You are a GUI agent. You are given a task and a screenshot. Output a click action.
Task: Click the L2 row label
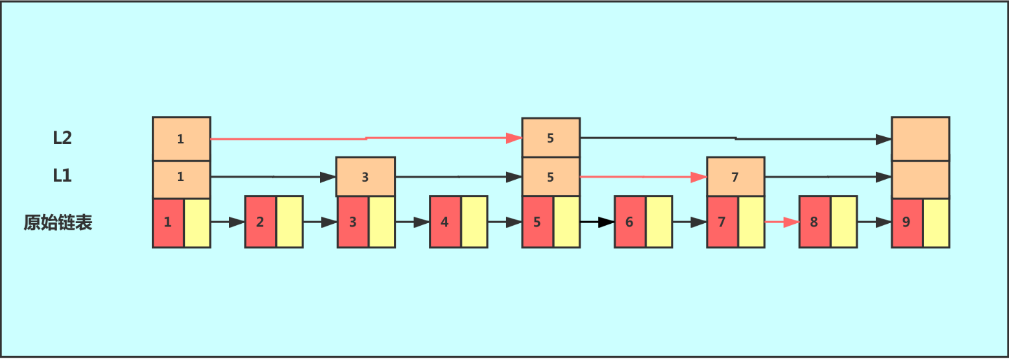pos(62,138)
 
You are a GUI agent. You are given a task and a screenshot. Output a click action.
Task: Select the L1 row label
pos(62,176)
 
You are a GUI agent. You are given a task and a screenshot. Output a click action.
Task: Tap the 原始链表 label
pos(58,222)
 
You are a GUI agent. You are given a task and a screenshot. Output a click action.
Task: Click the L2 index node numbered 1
pos(181,138)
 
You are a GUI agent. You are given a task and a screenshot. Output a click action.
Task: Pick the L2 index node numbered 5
pos(550,138)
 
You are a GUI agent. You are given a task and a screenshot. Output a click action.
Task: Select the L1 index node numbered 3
pos(365,176)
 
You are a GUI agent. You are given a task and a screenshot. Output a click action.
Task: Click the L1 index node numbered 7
pos(735,176)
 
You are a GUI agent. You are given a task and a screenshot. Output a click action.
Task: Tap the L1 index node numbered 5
pos(550,176)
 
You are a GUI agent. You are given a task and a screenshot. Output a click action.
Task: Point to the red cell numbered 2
pos(260,222)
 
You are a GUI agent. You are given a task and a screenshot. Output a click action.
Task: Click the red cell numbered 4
pos(444,222)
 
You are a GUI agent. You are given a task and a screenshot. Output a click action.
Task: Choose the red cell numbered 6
pos(629,222)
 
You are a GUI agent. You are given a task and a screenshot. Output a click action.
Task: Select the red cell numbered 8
pos(814,222)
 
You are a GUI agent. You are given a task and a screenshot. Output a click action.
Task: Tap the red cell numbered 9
pos(906,222)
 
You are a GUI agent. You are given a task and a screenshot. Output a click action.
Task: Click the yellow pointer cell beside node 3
pos(382,222)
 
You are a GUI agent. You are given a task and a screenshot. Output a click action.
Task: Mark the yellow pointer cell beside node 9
pos(936,222)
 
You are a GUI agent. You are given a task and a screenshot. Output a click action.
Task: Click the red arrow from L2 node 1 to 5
pos(366,138)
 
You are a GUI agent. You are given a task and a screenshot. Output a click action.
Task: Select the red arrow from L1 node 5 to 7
pos(643,176)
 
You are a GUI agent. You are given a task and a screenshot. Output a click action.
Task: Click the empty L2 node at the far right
pos(920,138)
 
